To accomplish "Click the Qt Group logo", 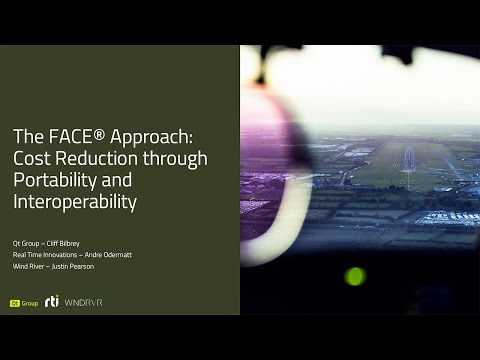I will pos(23,302).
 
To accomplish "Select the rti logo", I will pos(52,301).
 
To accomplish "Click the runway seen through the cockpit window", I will pos(409,160).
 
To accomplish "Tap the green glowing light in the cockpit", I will pos(355,275).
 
